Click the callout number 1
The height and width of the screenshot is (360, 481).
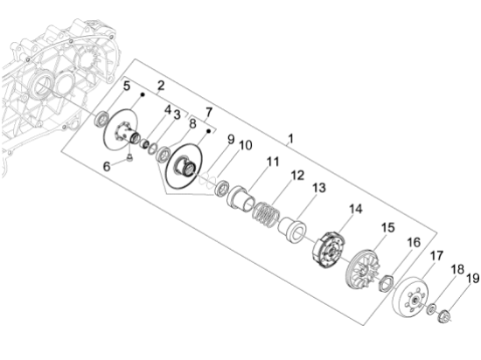(x=291, y=139)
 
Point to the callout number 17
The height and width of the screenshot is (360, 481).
(x=435, y=256)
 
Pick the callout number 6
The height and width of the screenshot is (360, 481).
(x=107, y=165)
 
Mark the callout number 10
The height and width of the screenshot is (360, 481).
(x=245, y=144)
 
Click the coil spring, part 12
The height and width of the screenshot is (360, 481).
(x=263, y=211)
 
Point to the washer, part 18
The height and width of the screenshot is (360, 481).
(x=432, y=308)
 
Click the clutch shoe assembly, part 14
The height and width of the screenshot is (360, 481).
(x=328, y=249)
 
